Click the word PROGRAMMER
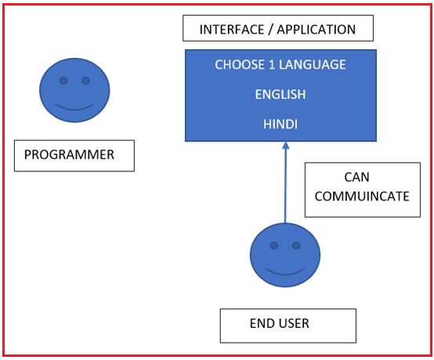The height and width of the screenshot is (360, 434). (x=69, y=154)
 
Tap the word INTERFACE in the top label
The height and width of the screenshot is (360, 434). (x=232, y=30)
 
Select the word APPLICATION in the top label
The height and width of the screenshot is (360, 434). (x=316, y=30)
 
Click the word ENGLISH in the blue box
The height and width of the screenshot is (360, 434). (x=280, y=95)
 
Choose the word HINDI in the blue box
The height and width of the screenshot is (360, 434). (x=280, y=124)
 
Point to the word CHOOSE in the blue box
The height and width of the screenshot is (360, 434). (x=241, y=65)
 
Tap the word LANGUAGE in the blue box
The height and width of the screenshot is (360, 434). (x=313, y=65)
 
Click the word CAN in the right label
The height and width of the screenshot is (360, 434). (x=356, y=177)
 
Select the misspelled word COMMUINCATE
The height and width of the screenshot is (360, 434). (x=362, y=196)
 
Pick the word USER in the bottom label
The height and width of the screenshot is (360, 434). (x=294, y=323)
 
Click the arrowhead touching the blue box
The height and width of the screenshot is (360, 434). (x=286, y=146)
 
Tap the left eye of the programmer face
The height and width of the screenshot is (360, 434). (x=63, y=81)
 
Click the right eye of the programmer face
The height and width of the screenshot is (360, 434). (x=86, y=81)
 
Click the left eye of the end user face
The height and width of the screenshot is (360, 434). (x=274, y=245)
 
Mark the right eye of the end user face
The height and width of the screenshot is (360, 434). (x=296, y=245)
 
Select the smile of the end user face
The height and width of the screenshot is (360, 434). (x=285, y=273)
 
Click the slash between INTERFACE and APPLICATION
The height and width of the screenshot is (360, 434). (x=270, y=30)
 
